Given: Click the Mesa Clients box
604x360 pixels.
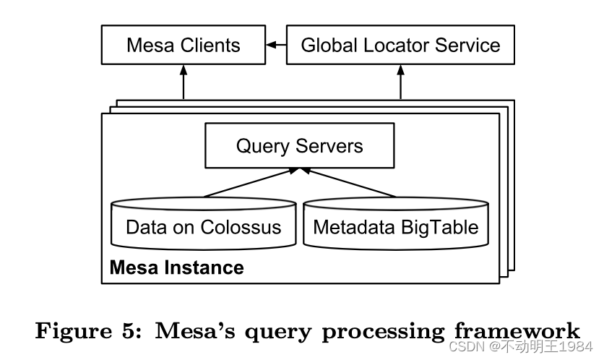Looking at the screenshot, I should coord(183,45).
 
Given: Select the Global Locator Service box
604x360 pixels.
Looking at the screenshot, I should coord(400,45).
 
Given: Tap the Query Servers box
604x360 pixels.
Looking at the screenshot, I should coord(299,146).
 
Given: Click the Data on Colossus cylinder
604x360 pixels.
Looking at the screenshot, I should coord(203,226).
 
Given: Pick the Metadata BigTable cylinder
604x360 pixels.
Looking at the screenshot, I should coord(395,226).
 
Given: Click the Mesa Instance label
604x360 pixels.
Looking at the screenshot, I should coord(176,268).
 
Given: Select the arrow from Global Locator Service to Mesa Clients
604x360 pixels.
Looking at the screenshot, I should coord(276,45).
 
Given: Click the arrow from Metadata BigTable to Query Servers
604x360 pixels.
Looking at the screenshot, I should coord(348,182).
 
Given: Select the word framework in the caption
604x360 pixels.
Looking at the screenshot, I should coord(517,331).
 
